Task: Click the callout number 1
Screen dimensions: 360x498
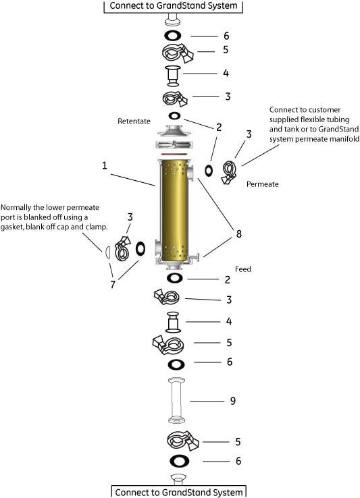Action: pyautogui.click(x=105, y=166)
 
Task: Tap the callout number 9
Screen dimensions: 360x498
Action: pyautogui.click(x=233, y=401)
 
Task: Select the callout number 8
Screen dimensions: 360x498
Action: pyautogui.click(x=239, y=234)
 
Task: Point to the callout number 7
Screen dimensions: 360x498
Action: pyautogui.click(x=113, y=285)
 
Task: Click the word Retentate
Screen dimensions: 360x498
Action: pyautogui.click(x=134, y=121)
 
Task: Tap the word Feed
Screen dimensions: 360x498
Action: pyautogui.click(x=243, y=269)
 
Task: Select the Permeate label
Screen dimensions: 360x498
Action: pyautogui.click(x=262, y=184)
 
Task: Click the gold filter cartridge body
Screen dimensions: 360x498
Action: pyautogui.click(x=174, y=211)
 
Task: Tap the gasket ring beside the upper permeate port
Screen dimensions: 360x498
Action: pyautogui.click(x=209, y=171)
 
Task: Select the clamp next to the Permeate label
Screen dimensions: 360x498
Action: pyautogui.click(x=229, y=173)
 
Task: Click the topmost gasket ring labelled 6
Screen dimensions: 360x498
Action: pyautogui.click(x=173, y=36)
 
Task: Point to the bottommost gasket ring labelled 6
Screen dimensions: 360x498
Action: pyautogui.click(x=180, y=461)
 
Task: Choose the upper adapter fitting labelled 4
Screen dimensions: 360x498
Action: pyautogui.click(x=174, y=76)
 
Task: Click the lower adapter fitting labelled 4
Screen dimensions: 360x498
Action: pyautogui.click(x=174, y=322)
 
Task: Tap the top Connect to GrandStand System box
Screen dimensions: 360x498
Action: pyautogui.click(x=174, y=6)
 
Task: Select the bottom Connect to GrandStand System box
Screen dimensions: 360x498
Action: pyautogui.click(x=179, y=492)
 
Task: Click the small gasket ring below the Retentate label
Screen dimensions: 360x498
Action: pyautogui.click(x=174, y=116)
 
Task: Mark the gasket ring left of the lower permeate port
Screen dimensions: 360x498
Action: pyautogui.click(x=140, y=249)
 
